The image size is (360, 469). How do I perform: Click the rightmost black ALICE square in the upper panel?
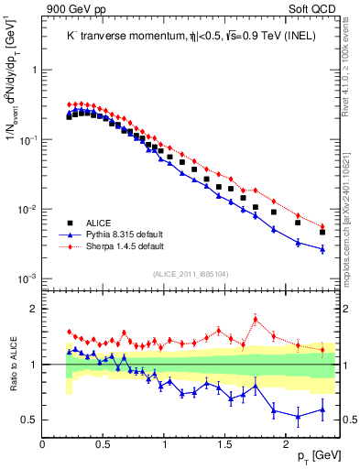coord(322,233)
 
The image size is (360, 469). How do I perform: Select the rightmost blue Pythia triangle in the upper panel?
coord(322,248)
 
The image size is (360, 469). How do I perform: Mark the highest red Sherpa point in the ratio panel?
coord(255,320)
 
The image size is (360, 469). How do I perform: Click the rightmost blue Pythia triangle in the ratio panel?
coord(322,409)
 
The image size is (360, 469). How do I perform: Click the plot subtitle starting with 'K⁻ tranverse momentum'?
coord(183,36)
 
